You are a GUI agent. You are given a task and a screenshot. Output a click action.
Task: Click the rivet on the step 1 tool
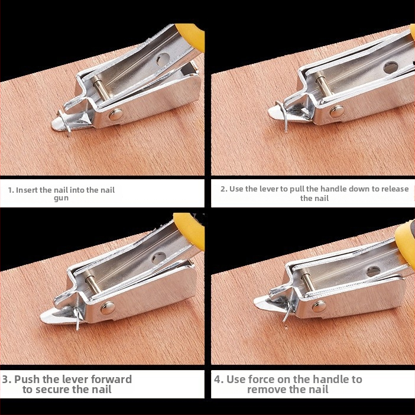coord(116,115)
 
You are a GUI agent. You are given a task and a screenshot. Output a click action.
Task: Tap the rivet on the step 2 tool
coord(337,111)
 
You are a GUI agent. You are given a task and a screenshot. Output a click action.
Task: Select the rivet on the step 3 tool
coord(108,309)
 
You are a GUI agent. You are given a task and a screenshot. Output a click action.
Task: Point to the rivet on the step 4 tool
coord(319,306)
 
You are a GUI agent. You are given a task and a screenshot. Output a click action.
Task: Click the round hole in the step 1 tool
coord(163,59)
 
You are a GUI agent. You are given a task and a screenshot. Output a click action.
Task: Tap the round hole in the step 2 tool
coord(391,68)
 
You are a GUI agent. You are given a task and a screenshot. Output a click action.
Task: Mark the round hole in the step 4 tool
coord(373,272)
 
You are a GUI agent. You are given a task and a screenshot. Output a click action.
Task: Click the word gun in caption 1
coord(61,199)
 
